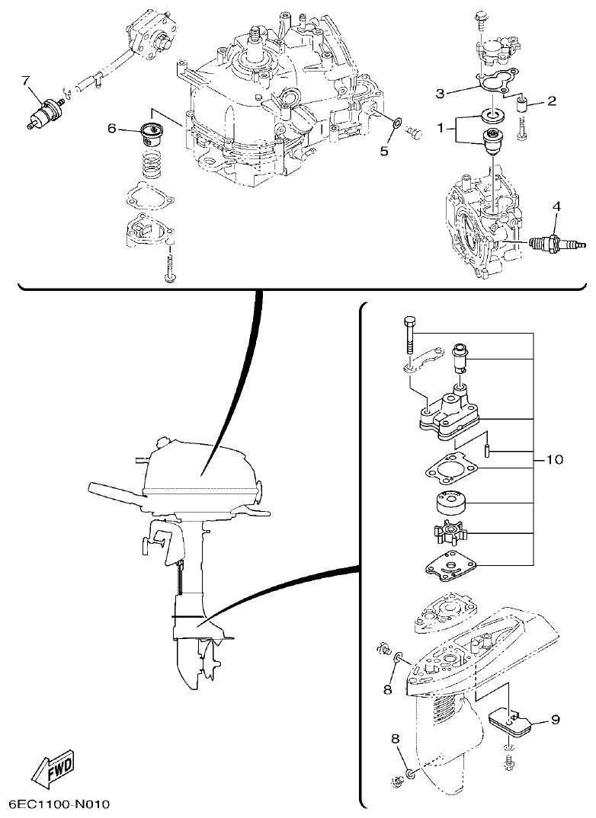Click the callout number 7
point(24,80)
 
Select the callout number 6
point(112,129)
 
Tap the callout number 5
point(384,151)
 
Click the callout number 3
point(440,94)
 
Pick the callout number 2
point(551,100)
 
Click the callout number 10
point(554,459)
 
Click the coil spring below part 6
point(155,163)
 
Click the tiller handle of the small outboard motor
point(114,489)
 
